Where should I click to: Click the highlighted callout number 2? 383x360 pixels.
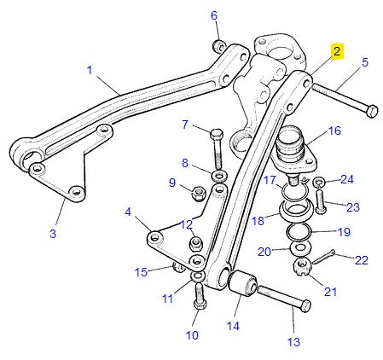click(x=337, y=51)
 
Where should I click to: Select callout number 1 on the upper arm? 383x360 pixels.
click(x=89, y=71)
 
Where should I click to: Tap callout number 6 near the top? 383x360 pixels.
click(x=214, y=15)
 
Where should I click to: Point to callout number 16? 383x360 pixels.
click(x=334, y=131)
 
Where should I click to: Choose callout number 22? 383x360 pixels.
click(x=361, y=260)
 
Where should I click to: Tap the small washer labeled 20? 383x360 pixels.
click(x=299, y=248)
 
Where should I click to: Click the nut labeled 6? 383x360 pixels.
click(x=218, y=44)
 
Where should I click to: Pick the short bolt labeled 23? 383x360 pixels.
click(x=320, y=203)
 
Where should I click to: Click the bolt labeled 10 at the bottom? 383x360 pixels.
click(x=199, y=296)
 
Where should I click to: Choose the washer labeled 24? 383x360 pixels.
click(x=318, y=183)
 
